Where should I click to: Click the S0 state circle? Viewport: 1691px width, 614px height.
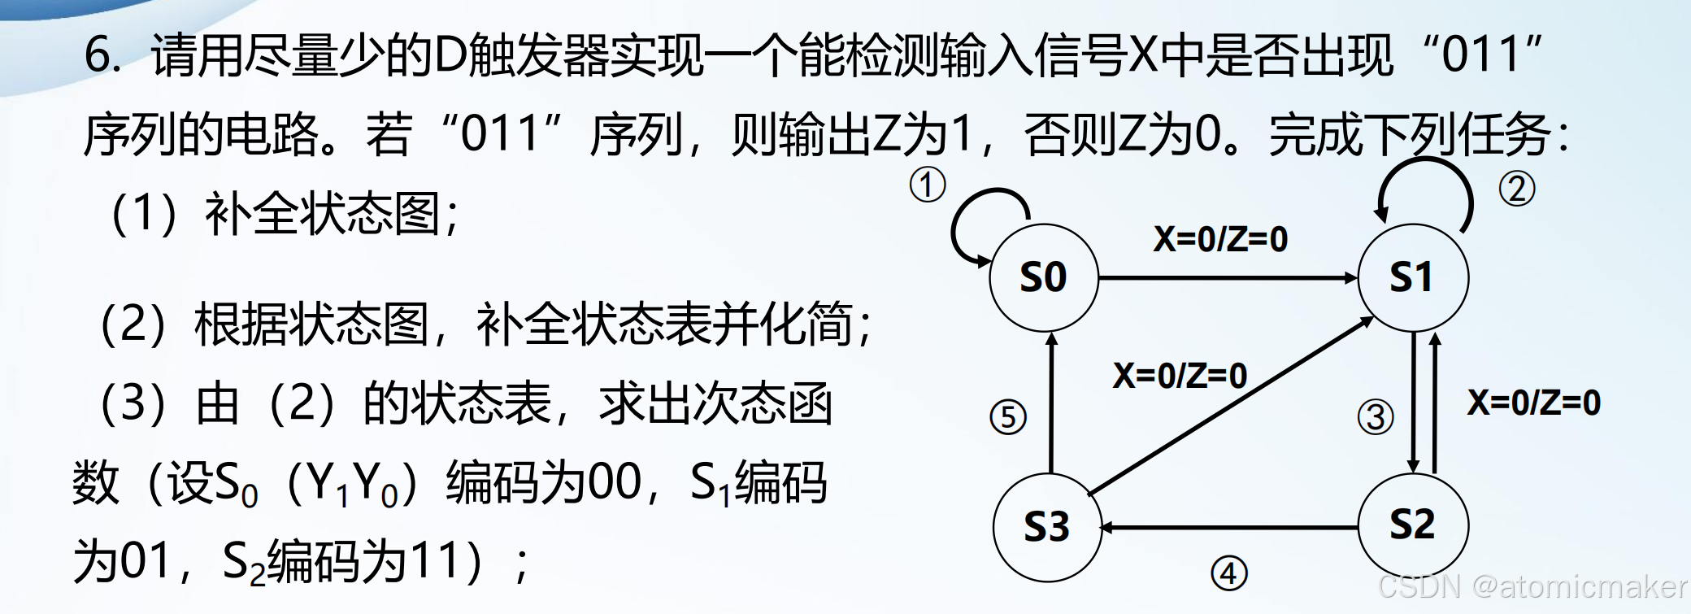click(1043, 277)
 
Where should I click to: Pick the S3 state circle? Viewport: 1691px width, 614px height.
click(1046, 527)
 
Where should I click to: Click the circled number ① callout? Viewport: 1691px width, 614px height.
click(927, 185)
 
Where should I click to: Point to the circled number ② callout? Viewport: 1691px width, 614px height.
click(1516, 189)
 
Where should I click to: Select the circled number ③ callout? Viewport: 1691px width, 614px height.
click(1376, 417)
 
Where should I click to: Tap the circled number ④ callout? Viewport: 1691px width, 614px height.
click(1228, 573)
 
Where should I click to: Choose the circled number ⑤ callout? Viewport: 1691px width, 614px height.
click(1008, 417)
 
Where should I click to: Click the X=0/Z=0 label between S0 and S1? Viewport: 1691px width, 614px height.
click(1220, 239)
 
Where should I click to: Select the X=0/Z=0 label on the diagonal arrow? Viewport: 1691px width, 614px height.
click(1180, 376)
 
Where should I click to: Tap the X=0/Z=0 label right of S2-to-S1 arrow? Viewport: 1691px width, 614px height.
click(1533, 403)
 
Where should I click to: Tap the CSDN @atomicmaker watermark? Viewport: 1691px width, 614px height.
click(1532, 586)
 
